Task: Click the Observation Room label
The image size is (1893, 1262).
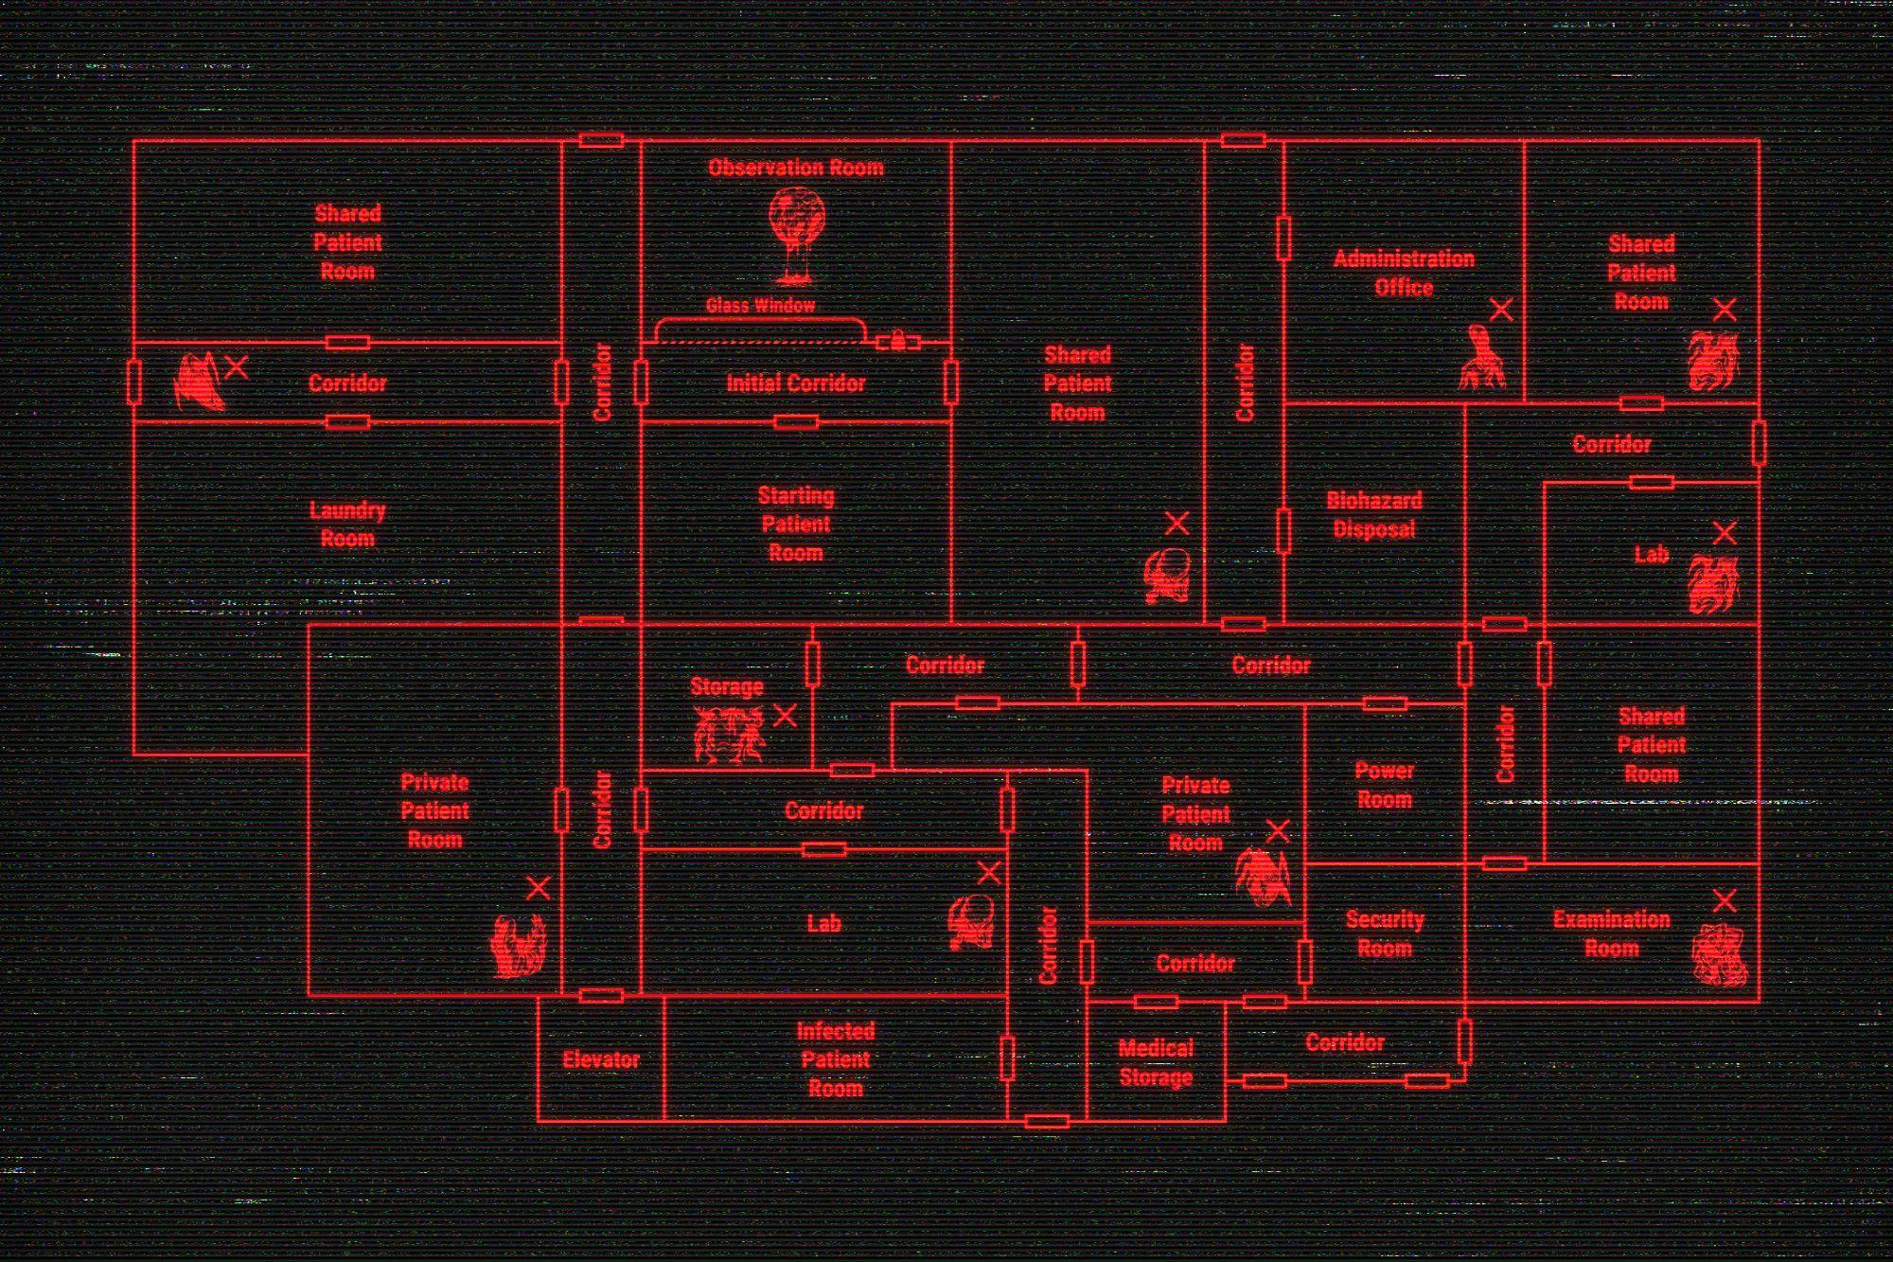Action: (796, 169)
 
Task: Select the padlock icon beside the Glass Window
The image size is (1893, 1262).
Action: (896, 340)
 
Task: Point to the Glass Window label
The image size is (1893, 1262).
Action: (760, 305)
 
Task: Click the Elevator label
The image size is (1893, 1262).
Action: (601, 1059)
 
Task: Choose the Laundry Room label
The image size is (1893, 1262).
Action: (347, 524)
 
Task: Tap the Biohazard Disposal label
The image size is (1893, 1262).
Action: (1374, 515)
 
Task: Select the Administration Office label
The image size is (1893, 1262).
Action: (1404, 273)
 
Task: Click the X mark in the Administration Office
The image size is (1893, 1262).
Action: (1501, 310)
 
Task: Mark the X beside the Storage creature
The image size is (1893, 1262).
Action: (785, 716)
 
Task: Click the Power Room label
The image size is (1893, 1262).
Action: (1384, 785)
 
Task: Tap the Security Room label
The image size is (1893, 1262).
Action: (1384, 933)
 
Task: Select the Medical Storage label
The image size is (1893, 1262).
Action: (1156, 1062)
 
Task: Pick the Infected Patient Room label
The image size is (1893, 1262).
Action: (835, 1059)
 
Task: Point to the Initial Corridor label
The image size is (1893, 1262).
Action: (796, 383)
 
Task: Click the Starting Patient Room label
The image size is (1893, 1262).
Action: (796, 524)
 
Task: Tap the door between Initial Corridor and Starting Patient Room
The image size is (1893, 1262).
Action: (796, 422)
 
